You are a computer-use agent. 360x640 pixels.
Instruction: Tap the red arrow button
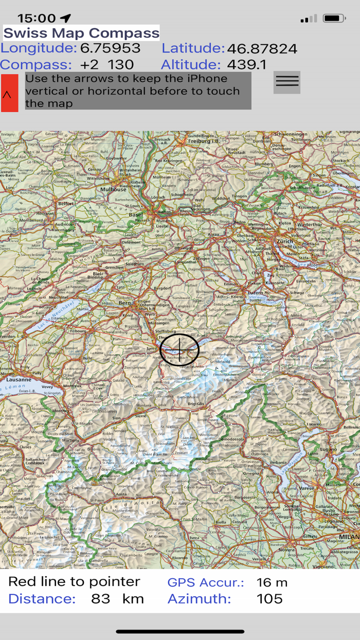pyautogui.click(x=9, y=93)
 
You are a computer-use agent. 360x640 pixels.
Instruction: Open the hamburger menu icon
pyautogui.click(x=287, y=82)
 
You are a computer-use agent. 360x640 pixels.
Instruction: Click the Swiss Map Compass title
pyautogui.click(x=81, y=33)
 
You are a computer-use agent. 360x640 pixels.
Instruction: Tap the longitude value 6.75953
pyautogui.click(x=110, y=48)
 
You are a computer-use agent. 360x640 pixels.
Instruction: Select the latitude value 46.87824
pyautogui.click(x=262, y=49)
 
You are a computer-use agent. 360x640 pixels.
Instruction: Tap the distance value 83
pyautogui.click(x=100, y=599)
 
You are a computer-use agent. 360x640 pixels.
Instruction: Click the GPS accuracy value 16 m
pyautogui.click(x=272, y=582)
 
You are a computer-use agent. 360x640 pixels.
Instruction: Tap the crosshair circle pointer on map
pyautogui.click(x=179, y=350)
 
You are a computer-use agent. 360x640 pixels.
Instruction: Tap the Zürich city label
pyautogui.click(x=284, y=241)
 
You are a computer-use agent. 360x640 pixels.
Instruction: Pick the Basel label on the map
pyautogui.click(x=137, y=215)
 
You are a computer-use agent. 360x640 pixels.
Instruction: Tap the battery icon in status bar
pyautogui.click(x=334, y=19)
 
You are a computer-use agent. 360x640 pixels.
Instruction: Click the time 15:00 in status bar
pyautogui.click(x=36, y=19)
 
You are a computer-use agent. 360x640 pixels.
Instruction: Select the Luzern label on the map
pyautogui.click(x=256, y=292)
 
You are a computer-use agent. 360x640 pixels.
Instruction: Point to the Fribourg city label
pyautogui.click(x=79, y=331)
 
